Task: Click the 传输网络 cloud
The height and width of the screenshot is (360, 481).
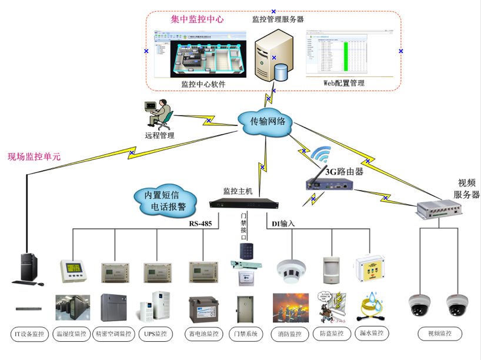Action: (268, 122)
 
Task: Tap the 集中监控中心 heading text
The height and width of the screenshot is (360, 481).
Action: (197, 19)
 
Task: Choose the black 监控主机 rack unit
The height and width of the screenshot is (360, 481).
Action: (243, 205)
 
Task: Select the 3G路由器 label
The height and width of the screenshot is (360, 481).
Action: (345, 172)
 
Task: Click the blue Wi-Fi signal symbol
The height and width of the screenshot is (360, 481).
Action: (322, 155)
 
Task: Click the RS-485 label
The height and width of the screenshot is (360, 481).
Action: (201, 224)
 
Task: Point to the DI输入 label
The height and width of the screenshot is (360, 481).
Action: (283, 224)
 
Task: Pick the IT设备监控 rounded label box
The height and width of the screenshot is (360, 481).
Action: (29, 335)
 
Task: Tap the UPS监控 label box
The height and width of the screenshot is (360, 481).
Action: (155, 335)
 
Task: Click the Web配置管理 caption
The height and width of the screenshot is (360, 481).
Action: (344, 83)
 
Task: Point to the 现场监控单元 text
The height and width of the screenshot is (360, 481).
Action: (34, 157)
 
